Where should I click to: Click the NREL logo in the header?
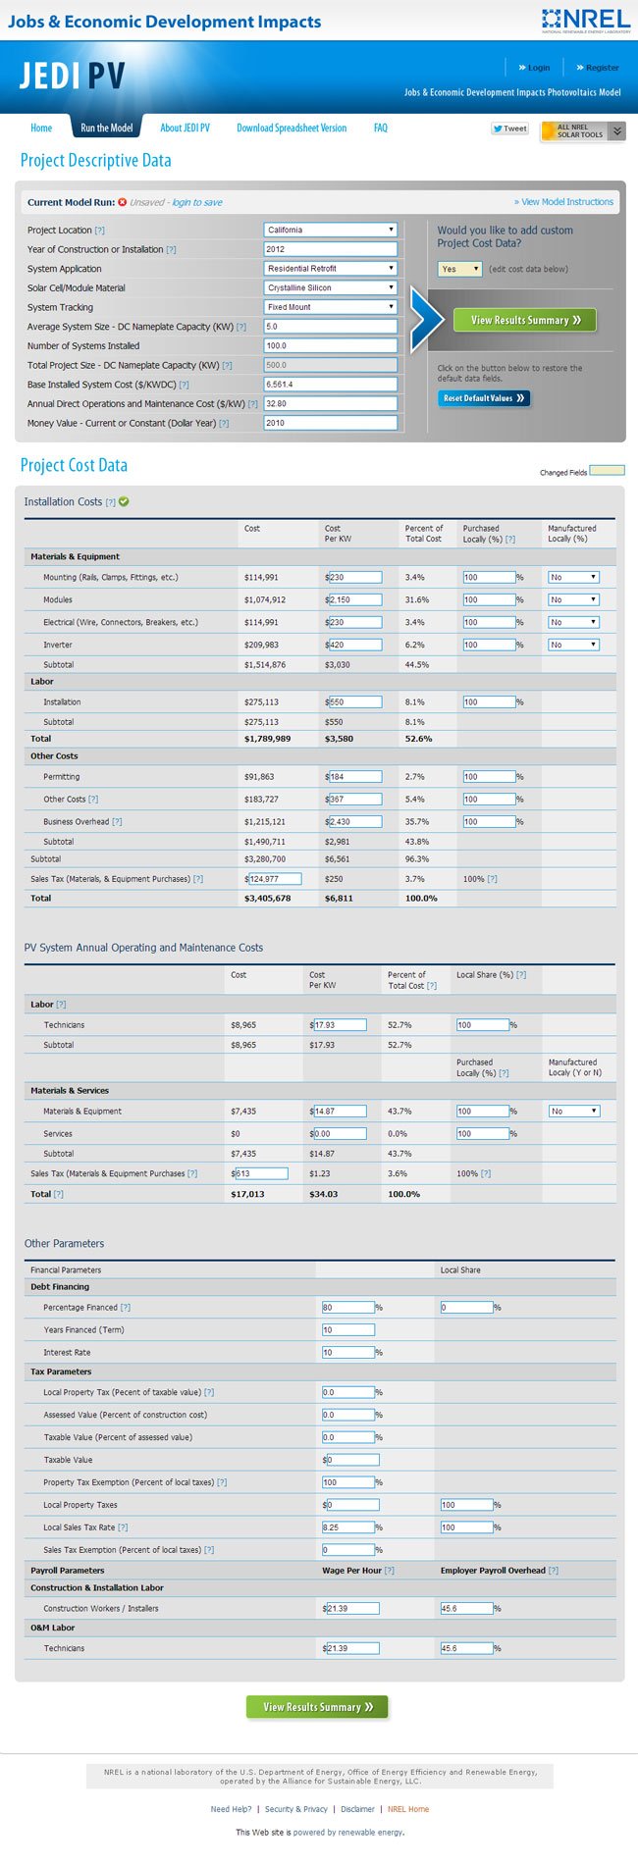[585, 20]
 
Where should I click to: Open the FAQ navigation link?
[381, 129]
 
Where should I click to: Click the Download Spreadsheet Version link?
[292, 129]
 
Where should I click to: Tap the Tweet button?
[510, 129]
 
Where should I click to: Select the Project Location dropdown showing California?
[331, 230]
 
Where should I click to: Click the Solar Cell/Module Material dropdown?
[331, 287]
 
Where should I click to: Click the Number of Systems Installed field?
[331, 345]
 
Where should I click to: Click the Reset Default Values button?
[484, 398]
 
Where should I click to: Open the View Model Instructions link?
[567, 202]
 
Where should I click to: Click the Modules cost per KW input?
[355, 599]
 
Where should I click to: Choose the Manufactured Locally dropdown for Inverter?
[573, 645]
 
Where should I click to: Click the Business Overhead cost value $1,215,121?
[265, 822]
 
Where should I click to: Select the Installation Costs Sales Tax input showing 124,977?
[275, 879]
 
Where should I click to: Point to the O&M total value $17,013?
[247, 1194]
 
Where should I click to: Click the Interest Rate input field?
[348, 1352]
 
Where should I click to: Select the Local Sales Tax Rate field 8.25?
[348, 1527]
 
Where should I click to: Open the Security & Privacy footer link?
[296, 1809]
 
